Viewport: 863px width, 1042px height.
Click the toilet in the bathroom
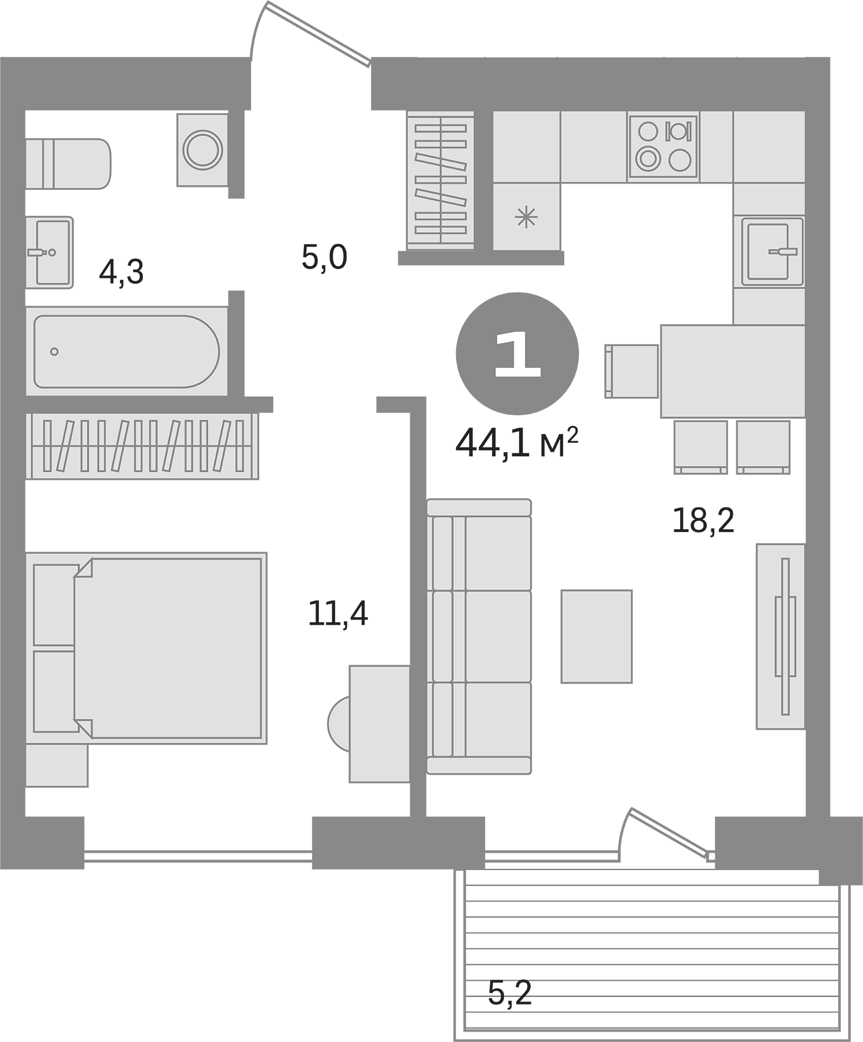click(x=68, y=163)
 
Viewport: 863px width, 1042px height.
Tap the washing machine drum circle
click(x=202, y=149)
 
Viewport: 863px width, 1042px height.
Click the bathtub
click(x=126, y=351)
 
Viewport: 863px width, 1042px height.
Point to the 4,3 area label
click(x=121, y=272)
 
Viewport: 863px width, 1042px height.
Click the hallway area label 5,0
click(x=324, y=258)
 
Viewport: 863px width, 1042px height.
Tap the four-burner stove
click(x=663, y=146)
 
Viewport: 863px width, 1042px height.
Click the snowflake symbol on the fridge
click(x=526, y=218)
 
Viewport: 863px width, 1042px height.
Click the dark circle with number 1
click(x=517, y=353)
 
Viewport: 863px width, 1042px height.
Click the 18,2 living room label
click(x=703, y=520)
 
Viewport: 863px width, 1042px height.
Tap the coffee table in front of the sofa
click(x=596, y=636)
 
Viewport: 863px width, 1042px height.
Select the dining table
click(x=733, y=371)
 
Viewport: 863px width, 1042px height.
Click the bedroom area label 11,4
click(x=338, y=614)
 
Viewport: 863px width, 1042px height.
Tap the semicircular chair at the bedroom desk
click(x=339, y=724)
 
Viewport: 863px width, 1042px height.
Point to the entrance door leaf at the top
click(x=318, y=33)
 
